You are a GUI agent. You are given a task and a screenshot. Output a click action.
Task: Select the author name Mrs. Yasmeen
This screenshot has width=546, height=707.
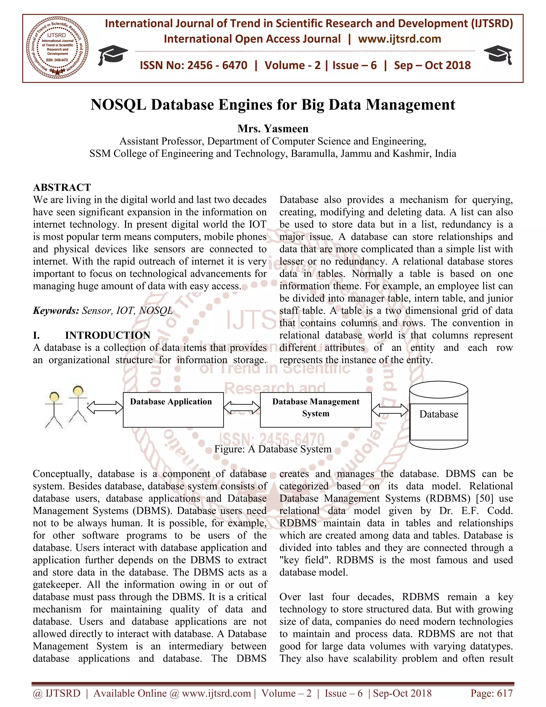[273, 129]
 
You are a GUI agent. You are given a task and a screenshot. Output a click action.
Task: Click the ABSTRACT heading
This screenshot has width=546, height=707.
[62, 188]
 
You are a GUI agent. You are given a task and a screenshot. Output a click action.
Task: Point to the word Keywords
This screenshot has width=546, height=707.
[56, 311]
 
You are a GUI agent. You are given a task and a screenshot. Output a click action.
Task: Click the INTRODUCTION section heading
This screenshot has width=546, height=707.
[107, 335]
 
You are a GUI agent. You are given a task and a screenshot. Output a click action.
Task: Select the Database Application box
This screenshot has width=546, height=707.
[173, 410]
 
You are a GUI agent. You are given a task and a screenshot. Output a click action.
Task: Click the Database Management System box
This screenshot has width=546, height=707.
[315, 410]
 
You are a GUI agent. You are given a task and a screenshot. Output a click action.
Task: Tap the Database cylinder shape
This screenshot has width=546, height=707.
[438, 416]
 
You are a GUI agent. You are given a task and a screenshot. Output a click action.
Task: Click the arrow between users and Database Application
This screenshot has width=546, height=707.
[105, 408]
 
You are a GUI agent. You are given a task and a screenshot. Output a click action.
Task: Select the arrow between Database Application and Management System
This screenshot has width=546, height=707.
[242, 408]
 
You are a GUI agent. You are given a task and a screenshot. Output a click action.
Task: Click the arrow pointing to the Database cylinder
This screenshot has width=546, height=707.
[390, 410]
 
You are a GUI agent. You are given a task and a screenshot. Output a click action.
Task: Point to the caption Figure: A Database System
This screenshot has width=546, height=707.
[273, 449]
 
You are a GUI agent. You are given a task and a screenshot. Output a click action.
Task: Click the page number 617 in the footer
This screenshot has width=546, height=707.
[505, 693]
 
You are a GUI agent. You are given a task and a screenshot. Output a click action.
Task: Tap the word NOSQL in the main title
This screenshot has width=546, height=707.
[118, 105]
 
